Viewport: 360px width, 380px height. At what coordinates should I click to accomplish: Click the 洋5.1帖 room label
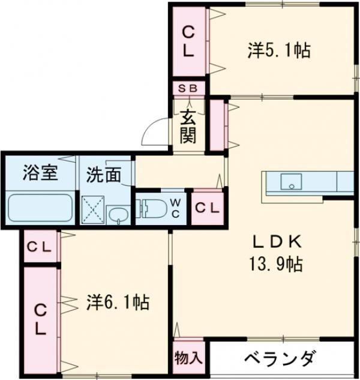[x=278, y=50]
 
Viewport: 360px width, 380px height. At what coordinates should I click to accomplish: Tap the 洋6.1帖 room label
[x=117, y=302]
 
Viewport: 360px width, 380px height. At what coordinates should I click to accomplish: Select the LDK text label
[x=276, y=241]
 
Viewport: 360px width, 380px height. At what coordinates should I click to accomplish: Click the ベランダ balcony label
[x=280, y=359]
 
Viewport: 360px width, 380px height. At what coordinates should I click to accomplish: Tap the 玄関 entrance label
[x=188, y=127]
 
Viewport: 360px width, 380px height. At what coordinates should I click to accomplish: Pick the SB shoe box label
[x=188, y=88]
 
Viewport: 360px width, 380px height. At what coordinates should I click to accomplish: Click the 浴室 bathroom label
[x=40, y=173]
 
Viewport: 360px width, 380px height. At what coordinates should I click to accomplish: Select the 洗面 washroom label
[x=103, y=175]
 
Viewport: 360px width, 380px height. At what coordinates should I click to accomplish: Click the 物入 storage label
[x=188, y=359]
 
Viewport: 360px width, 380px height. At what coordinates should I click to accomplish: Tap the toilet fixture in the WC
[x=154, y=209]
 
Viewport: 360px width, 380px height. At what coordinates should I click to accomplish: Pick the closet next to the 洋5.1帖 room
[x=188, y=41]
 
